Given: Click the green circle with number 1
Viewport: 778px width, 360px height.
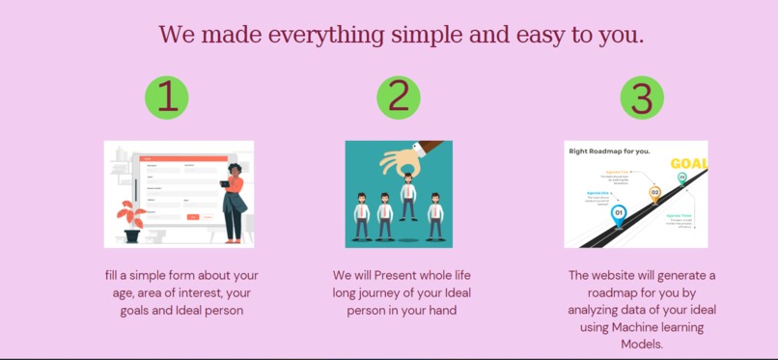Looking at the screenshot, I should [x=167, y=97].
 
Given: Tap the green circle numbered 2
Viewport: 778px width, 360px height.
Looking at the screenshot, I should [x=399, y=97].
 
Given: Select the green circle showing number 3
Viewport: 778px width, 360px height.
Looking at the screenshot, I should [x=642, y=97].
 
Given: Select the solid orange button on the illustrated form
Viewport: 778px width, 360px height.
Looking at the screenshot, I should [x=192, y=217].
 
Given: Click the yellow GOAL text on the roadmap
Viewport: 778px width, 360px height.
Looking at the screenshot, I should [x=688, y=163].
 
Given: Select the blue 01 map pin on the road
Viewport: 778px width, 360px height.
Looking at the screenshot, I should [x=619, y=214].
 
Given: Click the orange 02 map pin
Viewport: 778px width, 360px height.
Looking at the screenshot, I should [x=655, y=193].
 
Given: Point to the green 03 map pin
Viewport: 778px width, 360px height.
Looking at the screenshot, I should [x=682, y=179].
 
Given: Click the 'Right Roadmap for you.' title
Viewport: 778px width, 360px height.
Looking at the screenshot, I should [x=609, y=152].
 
